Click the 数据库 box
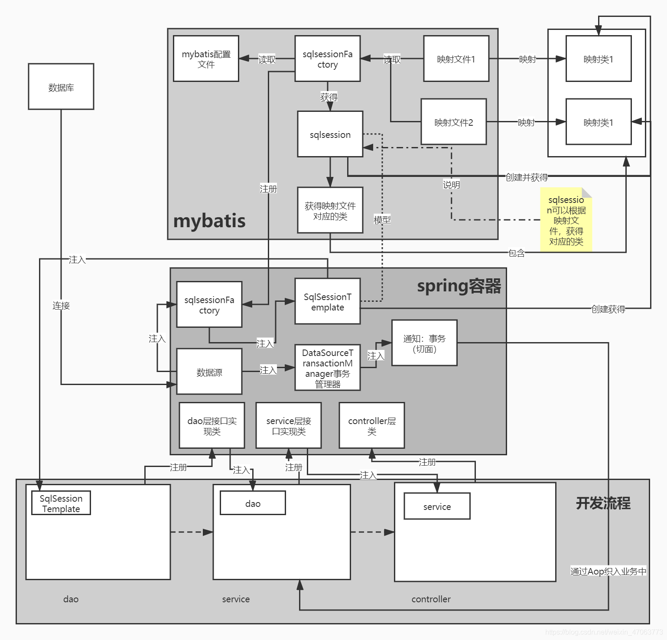(x=61, y=87)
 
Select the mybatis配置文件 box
(x=206, y=59)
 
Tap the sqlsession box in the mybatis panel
(x=330, y=134)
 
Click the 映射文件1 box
(x=456, y=59)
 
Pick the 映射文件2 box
(x=453, y=122)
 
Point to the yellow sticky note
(x=566, y=220)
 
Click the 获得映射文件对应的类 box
(x=330, y=210)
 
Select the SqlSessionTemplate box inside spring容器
(x=327, y=301)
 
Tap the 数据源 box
(x=209, y=372)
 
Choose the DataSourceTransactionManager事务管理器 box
(x=327, y=368)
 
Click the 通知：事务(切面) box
(x=424, y=343)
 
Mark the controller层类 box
(x=371, y=425)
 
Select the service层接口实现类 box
(x=288, y=425)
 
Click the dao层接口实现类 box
(x=211, y=425)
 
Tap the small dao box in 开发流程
(x=253, y=503)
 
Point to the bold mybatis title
(x=209, y=221)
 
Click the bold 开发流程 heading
(x=603, y=503)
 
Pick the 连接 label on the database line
(x=61, y=306)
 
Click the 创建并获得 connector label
(x=527, y=177)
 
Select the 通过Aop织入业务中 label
(x=608, y=571)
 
